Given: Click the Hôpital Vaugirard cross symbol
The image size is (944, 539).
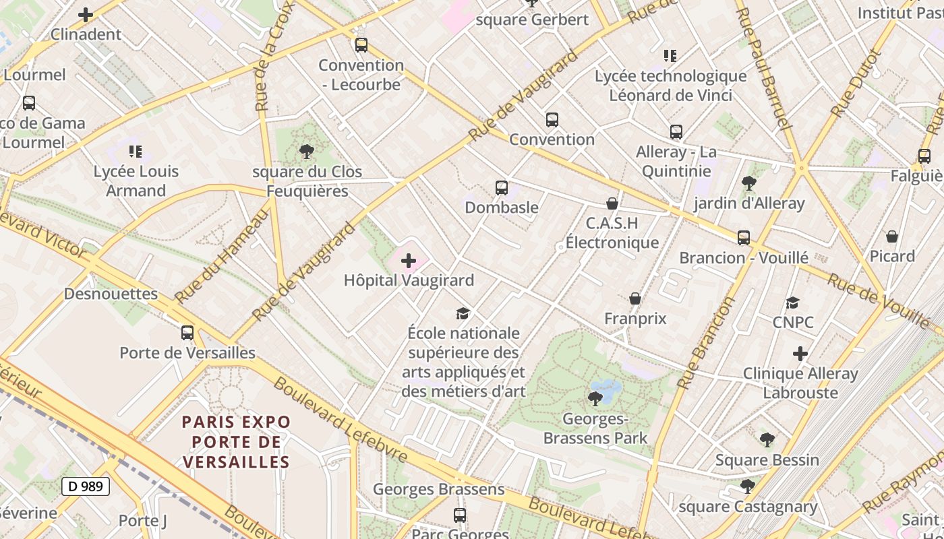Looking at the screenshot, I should pos(409,260).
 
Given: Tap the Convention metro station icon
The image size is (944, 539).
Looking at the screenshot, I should pos(552,120).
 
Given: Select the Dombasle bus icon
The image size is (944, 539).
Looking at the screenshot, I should pos(501,188).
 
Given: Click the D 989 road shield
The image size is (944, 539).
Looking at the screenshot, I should pos(86,486).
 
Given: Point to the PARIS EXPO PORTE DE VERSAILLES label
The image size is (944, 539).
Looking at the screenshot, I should pos(236,442).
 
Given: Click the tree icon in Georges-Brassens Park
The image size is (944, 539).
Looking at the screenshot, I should pos(595,399).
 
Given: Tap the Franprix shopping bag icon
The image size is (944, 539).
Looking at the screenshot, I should pos(635,298).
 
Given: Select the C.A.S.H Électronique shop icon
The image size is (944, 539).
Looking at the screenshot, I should pos(612,203).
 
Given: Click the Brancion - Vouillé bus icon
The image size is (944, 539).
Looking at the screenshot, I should pos(743,238).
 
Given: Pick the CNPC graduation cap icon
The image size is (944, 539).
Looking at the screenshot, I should pos(793,303).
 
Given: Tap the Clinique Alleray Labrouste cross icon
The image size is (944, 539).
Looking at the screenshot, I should pos(800,354).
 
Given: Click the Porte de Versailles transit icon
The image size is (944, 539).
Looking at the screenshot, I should pos(187,333).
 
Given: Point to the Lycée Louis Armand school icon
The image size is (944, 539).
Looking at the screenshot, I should pos(136,152).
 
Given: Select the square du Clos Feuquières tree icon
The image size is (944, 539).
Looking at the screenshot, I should pos(307,152).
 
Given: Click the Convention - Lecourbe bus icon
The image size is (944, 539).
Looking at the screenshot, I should pos(361,45).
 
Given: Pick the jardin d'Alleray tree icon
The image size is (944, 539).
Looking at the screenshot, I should pos(748,183).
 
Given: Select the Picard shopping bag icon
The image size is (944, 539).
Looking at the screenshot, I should pos(891,236).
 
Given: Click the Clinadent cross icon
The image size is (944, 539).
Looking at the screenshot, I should pos(86,15).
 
